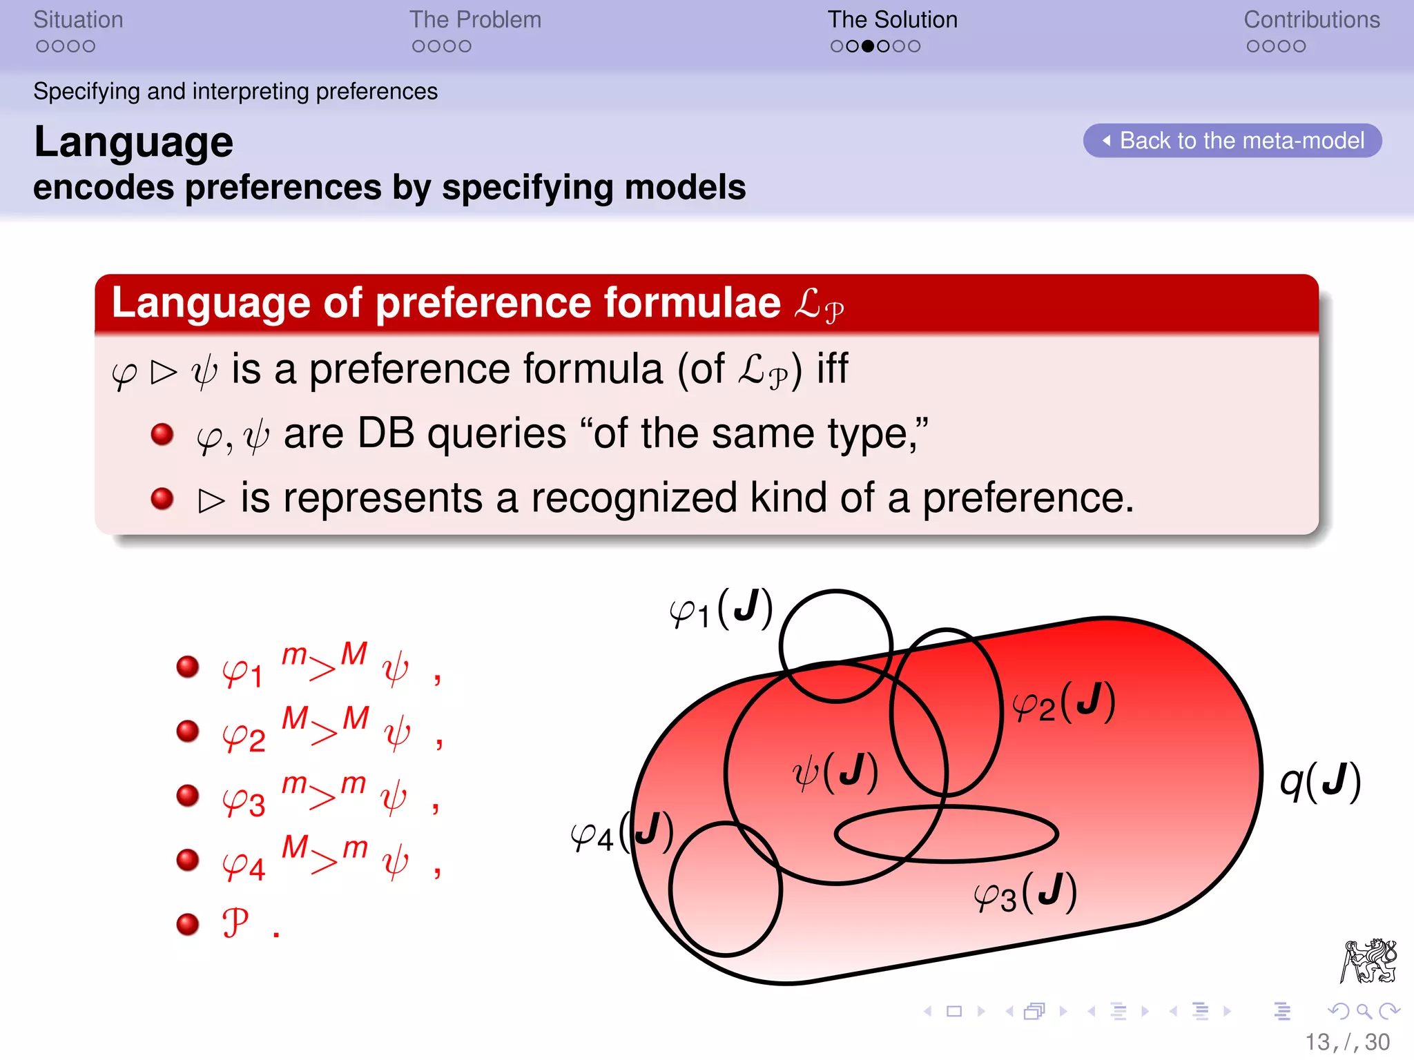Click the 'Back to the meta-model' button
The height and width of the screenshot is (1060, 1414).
(1232, 141)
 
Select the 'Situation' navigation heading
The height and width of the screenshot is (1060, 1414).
(78, 20)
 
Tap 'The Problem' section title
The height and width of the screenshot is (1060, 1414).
(475, 20)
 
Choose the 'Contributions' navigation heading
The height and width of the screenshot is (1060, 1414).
(1311, 20)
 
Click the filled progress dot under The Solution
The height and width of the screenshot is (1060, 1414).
(868, 46)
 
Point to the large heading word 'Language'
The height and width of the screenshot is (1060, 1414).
(134, 142)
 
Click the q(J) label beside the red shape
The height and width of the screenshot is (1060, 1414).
(1320, 781)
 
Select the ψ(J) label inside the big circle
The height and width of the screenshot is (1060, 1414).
(835, 772)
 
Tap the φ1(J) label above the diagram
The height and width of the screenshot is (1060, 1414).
(721, 609)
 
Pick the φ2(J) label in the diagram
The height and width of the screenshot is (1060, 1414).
(1063, 703)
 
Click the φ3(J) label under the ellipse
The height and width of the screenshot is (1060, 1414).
(1025, 893)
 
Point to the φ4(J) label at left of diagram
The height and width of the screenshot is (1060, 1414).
(621, 833)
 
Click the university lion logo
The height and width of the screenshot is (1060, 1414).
(1368, 961)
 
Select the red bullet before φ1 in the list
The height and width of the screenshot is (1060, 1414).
(188, 667)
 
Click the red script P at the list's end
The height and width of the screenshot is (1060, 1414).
(235, 923)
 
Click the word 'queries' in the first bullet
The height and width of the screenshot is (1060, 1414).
(497, 434)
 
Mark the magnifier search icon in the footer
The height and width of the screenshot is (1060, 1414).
(1364, 1012)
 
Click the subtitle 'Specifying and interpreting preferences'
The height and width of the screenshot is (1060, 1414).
(235, 91)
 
